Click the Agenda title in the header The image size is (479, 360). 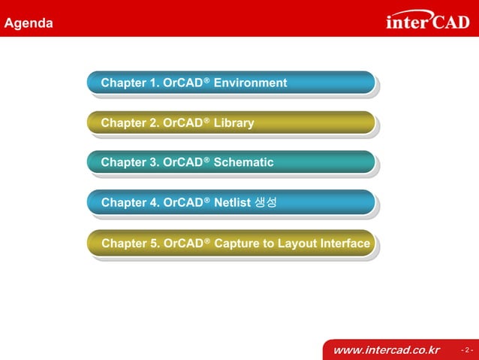coord(29,23)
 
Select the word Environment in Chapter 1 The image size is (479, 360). coord(250,83)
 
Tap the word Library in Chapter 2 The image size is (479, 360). coord(233,123)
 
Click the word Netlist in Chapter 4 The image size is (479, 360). coord(232,202)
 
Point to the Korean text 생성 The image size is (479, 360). coord(266,202)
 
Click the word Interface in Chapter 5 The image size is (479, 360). coord(345,244)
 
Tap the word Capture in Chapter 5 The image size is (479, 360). coord(236,244)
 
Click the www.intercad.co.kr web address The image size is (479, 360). coord(385,350)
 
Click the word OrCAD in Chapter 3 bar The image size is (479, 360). coord(182,162)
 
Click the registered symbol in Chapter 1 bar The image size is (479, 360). coord(206,80)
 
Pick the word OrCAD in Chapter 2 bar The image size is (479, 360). coord(182,123)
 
